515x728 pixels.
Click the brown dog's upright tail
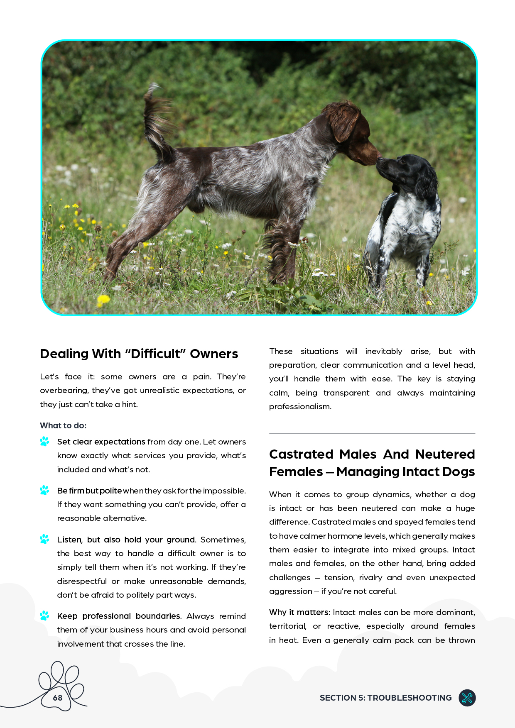click(x=156, y=120)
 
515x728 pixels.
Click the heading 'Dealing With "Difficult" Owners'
click(x=139, y=354)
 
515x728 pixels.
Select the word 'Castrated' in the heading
click(x=302, y=454)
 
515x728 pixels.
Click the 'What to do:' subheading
click(x=63, y=425)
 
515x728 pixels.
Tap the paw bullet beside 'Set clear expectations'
click(x=44, y=441)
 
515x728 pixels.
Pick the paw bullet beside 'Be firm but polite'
click(x=44, y=490)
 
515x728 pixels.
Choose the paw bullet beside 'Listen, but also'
click(x=44, y=539)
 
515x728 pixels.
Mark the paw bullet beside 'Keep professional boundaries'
click(x=44, y=616)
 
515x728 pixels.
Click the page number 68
click(x=58, y=698)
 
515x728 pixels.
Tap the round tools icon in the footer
click(x=467, y=698)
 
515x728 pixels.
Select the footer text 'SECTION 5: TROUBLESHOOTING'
click(x=385, y=698)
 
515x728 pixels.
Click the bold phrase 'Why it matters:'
click(x=299, y=612)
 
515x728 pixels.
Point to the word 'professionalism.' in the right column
click(x=300, y=406)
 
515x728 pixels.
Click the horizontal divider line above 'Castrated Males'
click(x=372, y=434)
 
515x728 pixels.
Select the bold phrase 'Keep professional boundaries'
click(x=118, y=616)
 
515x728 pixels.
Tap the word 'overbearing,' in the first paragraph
click(x=64, y=391)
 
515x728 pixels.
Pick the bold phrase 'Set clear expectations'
click(x=101, y=442)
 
